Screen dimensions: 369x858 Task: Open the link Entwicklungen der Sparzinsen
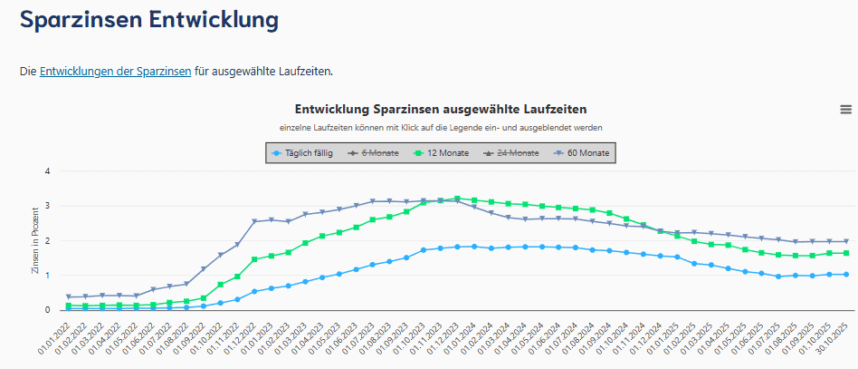[x=115, y=71]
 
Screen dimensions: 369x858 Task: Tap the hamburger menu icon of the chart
[x=845, y=109]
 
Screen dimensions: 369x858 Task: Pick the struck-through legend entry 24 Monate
[x=515, y=153]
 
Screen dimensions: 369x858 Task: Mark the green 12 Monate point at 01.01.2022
[x=70, y=306]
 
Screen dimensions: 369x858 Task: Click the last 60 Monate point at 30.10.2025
[x=845, y=241]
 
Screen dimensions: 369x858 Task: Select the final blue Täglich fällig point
[x=845, y=275]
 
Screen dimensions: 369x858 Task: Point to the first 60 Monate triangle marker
[x=70, y=296]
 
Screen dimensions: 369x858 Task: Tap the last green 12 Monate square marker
[x=845, y=253]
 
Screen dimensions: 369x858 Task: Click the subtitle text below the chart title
[x=441, y=127]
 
